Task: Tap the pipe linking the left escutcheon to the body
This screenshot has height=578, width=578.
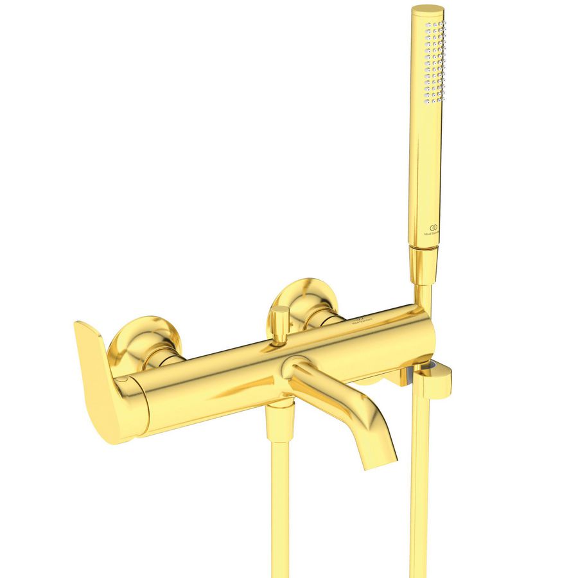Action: (x=164, y=360)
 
